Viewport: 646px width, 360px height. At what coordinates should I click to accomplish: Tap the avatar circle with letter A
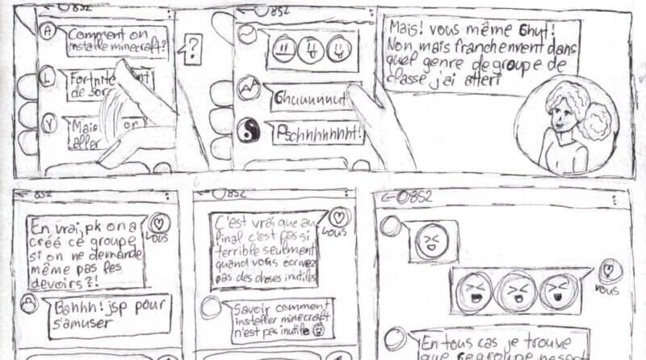[48, 32]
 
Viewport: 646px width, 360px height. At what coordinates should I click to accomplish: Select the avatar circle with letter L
[48, 78]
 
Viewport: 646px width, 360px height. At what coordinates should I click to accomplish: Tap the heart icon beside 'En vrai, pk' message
[160, 222]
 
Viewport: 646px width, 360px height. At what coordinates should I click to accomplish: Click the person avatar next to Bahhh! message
[29, 303]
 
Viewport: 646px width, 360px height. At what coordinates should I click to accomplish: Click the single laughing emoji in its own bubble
[432, 240]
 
